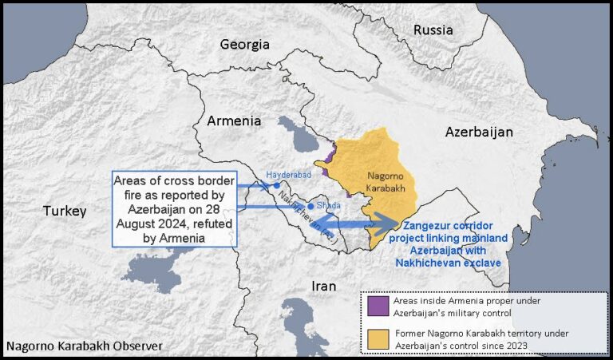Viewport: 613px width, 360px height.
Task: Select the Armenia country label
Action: point(234,121)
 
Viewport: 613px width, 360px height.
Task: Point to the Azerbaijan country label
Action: point(479,131)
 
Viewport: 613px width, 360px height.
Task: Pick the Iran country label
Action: point(323,286)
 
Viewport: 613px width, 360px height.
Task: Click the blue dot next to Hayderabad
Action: point(276,185)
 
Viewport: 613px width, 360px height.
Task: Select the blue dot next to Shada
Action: point(310,206)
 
